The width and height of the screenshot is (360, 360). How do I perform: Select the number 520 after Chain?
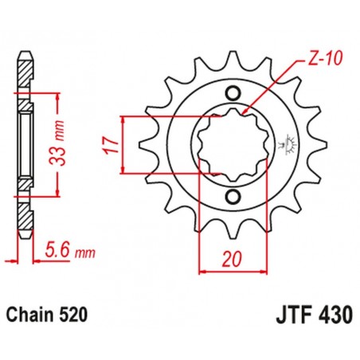coord(72,316)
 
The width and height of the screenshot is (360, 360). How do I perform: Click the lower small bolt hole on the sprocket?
coord(233,196)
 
